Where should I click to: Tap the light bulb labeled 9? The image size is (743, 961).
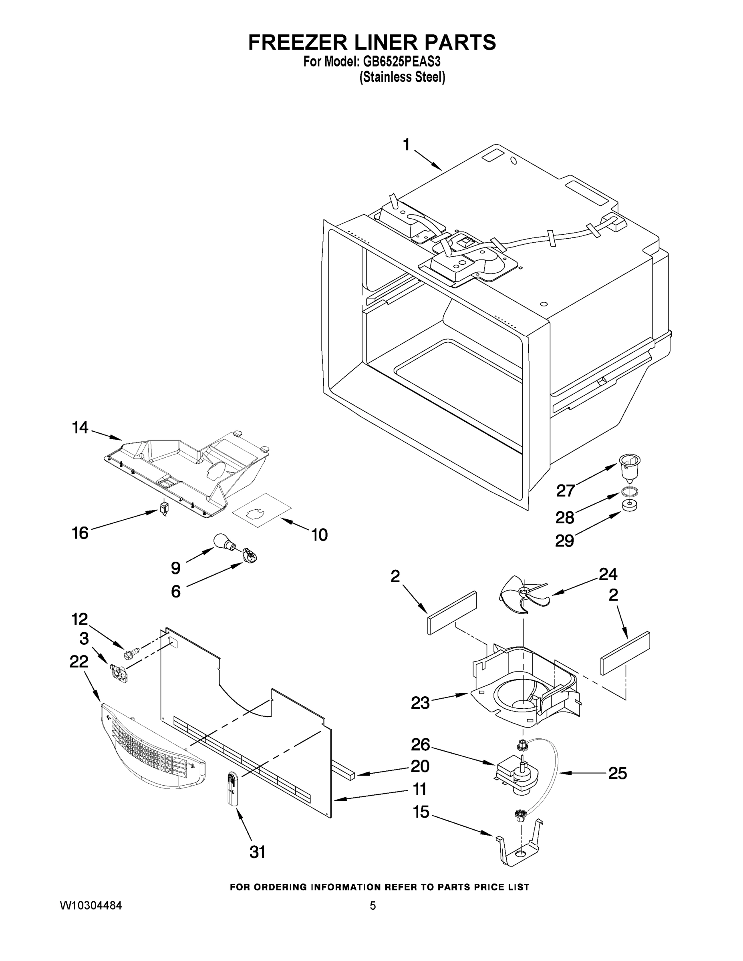pos(223,542)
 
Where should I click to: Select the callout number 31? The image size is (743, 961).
pos(257,852)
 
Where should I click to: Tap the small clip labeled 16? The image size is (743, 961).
pos(164,508)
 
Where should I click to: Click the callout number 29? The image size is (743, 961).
pos(564,540)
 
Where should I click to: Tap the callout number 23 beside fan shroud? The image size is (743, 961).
pos(420,703)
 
